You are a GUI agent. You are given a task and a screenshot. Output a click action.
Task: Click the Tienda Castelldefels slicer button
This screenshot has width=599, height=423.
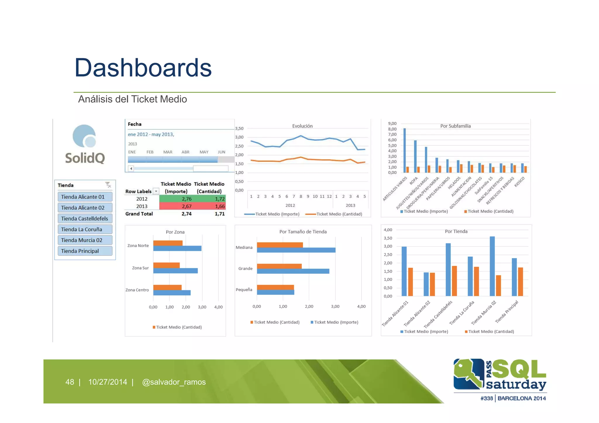pyautogui.click(x=85, y=219)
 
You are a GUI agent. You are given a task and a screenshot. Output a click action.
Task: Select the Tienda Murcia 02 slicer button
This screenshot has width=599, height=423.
pyautogui.click(x=85, y=240)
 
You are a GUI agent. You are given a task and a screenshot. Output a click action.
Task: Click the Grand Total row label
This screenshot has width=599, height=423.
pyautogui.click(x=139, y=214)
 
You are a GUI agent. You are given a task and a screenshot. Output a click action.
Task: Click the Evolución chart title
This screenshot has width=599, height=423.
pyautogui.click(x=302, y=126)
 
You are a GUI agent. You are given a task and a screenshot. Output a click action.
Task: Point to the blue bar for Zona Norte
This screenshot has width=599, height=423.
pyautogui.click(x=177, y=248)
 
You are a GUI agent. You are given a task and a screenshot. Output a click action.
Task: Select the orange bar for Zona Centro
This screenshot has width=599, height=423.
pyautogui.click(x=167, y=287)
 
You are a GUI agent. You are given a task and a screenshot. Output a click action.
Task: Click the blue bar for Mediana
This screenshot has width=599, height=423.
pyautogui.click(x=296, y=250)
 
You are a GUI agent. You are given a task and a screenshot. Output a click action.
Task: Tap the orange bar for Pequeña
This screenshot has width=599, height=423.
pyautogui.click(x=275, y=287)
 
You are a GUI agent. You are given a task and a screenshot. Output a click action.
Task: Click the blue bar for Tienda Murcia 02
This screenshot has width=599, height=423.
pyautogui.click(x=492, y=266)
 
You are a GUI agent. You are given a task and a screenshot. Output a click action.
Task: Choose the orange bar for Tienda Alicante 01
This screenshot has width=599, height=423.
pyautogui.click(x=410, y=282)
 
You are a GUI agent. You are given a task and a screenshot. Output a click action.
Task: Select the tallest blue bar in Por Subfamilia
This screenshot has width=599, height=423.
pyautogui.click(x=405, y=150)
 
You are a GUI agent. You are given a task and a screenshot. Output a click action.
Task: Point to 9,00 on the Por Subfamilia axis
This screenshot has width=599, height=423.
pyautogui.click(x=392, y=124)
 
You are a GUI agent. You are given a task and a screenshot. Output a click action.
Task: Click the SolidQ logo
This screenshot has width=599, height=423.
pyautogui.click(x=85, y=144)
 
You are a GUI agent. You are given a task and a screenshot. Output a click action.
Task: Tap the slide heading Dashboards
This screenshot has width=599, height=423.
pyautogui.click(x=143, y=68)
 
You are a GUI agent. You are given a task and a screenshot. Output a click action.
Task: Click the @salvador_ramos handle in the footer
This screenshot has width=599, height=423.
pyautogui.click(x=174, y=382)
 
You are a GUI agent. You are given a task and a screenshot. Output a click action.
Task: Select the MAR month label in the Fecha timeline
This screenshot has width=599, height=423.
pyautogui.click(x=168, y=152)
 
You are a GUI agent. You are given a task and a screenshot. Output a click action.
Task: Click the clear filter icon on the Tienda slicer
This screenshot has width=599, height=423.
pyautogui.click(x=108, y=185)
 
